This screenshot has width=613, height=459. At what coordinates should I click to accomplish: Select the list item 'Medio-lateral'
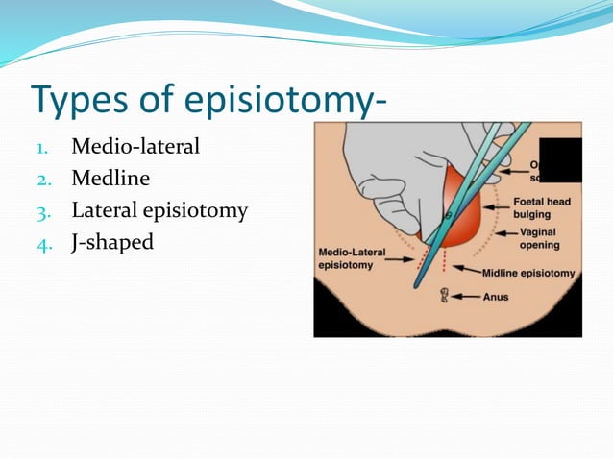click(135, 148)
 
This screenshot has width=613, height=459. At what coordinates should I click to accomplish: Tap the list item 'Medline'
click(110, 179)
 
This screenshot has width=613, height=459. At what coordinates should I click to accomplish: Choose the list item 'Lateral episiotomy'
click(159, 210)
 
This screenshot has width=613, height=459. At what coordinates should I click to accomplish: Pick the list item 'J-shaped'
click(112, 242)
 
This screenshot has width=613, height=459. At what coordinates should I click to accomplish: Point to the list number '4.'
click(43, 243)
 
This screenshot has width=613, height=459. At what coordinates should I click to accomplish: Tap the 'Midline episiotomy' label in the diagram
click(528, 273)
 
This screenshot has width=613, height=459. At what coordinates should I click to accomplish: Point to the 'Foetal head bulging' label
click(543, 208)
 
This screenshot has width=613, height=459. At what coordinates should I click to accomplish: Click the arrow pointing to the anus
click(470, 296)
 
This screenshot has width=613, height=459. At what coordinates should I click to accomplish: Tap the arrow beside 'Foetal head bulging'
click(498, 204)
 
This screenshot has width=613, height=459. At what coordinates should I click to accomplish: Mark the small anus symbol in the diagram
click(445, 296)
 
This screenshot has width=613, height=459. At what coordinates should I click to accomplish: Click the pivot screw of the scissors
click(443, 214)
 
